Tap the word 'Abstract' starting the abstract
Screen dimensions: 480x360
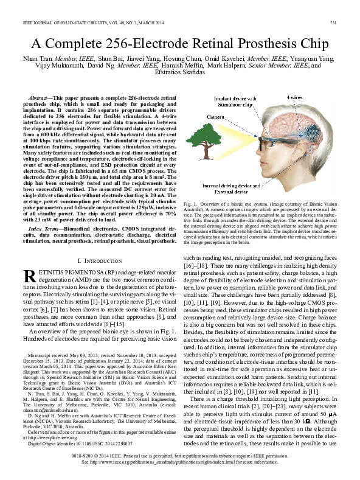pos(41,97)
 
